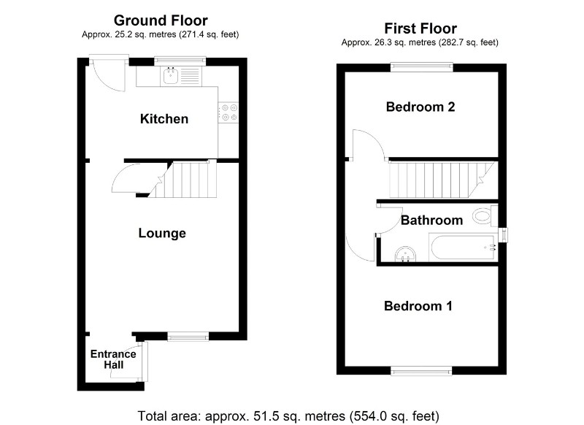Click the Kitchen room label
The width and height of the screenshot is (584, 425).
tap(164, 118)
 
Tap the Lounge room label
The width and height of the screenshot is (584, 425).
tap(162, 233)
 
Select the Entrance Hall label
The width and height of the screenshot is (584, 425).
tap(113, 359)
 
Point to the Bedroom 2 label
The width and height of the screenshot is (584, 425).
tap(420, 107)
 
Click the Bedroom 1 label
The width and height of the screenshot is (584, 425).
tap(418, 306)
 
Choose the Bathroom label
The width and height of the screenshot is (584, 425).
tap(431, 220)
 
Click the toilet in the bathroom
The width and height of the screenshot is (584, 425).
tap(482, 215)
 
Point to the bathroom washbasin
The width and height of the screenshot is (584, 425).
tap(404, 253)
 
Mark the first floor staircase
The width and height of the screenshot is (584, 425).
tap(438, 180)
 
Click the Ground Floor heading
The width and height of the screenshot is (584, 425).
tap(161, 20)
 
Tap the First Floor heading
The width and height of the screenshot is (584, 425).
tap(420, 28)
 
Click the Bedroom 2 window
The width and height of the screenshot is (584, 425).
tap(421, 67)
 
